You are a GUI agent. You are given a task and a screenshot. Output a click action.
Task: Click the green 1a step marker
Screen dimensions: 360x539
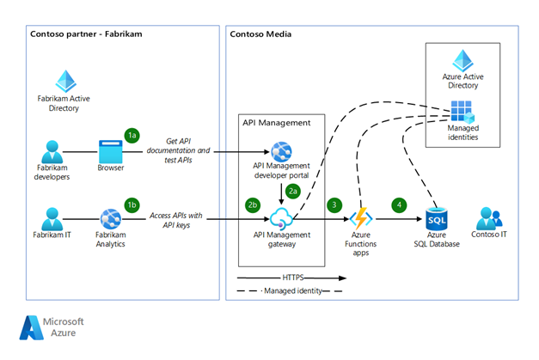pos(132,135)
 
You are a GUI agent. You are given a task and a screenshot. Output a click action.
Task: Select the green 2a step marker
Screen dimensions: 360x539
pos(293,190)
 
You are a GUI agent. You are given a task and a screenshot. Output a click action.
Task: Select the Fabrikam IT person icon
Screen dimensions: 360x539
pos(52,219)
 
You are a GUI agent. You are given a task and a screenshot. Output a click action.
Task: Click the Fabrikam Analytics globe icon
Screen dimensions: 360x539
pos(111,219)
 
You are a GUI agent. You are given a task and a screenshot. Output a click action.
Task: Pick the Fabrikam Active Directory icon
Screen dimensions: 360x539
pos(65,82)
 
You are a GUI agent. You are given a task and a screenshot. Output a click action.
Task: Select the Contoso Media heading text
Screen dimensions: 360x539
pos(261,34)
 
